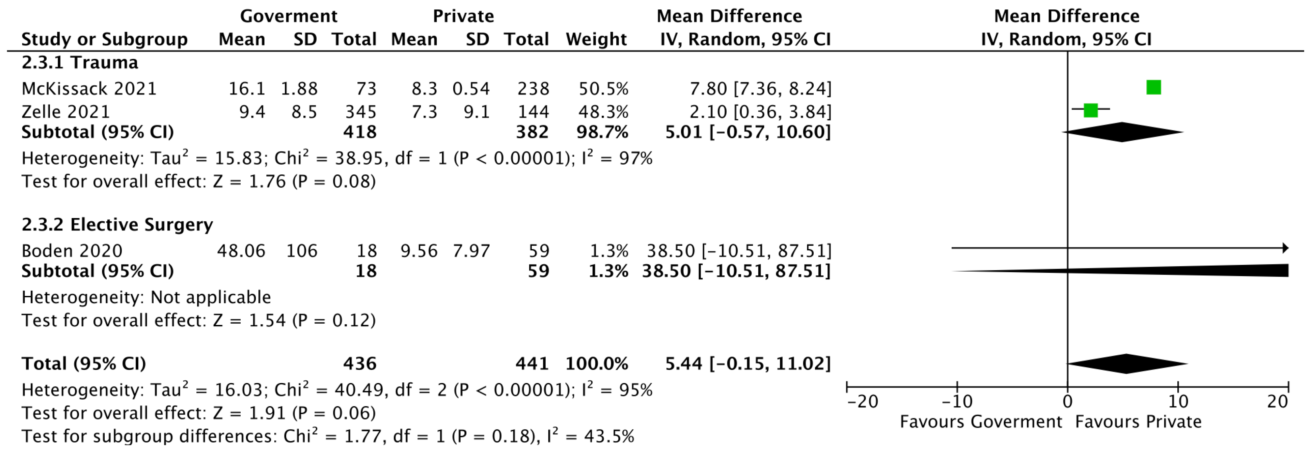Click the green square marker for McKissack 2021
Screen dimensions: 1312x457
click(1154, 88)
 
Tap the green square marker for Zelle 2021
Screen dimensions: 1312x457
click(1091, 110)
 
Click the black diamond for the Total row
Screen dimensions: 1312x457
click(1127, 364)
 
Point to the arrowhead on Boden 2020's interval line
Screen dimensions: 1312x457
click(1286, 248)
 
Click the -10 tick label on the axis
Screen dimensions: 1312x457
click(957, 402)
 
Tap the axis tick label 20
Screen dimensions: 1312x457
click(1277, 402)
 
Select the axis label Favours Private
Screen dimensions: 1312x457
click(1138, 422)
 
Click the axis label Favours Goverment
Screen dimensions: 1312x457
click(981, 422)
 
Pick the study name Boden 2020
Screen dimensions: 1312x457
click(72, 251)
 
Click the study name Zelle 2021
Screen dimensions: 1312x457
click(66, 111)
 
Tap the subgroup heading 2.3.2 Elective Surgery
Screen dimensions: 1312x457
click(117, 225)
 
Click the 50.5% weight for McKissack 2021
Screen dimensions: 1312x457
click(604, 89)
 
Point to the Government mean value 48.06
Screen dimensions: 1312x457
click(241, 251)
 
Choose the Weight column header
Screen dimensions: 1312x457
click(596, 39)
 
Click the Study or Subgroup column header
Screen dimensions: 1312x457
click(104, 39)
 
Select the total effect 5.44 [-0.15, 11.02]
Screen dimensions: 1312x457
click(748, 364)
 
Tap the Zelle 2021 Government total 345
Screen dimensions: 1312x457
click(361, 111)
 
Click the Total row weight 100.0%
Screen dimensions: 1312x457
click(597, 364)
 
